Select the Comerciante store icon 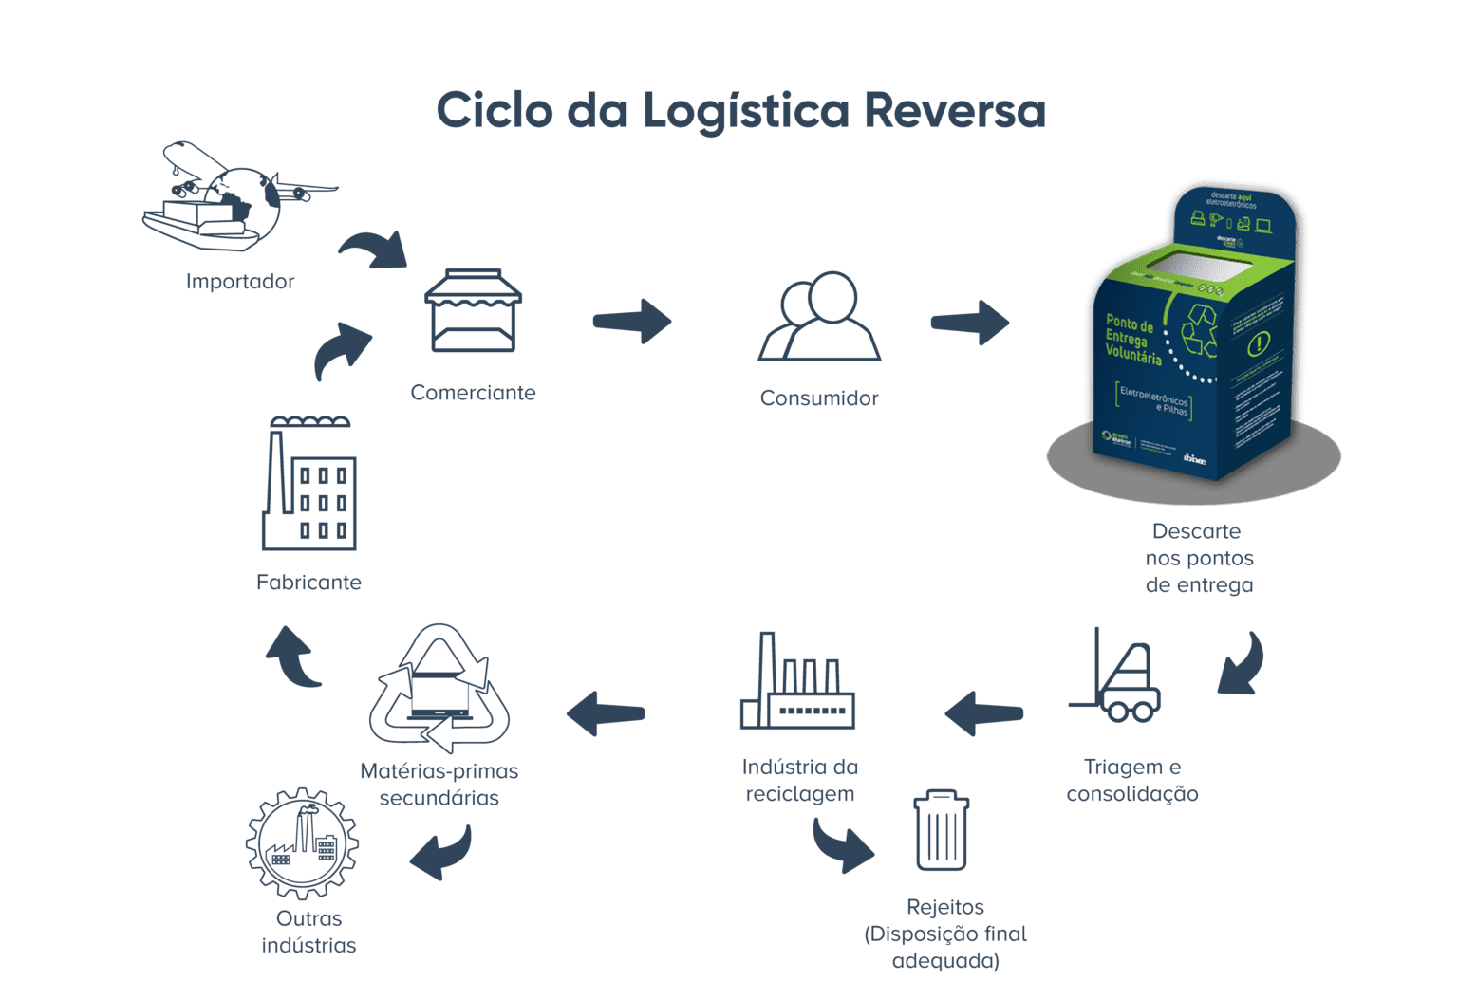(472, 310)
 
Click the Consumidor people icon (819, 318)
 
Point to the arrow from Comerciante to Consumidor (631, 322)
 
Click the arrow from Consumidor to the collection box (969, 323)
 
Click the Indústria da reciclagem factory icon (796, 685)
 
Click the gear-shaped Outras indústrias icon (302, 843)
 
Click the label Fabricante (308, 583)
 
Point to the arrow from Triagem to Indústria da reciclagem (983, 713)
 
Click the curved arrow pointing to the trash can (842, 844)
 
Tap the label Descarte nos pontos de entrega (1198, 558)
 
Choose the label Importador (240, 282)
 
